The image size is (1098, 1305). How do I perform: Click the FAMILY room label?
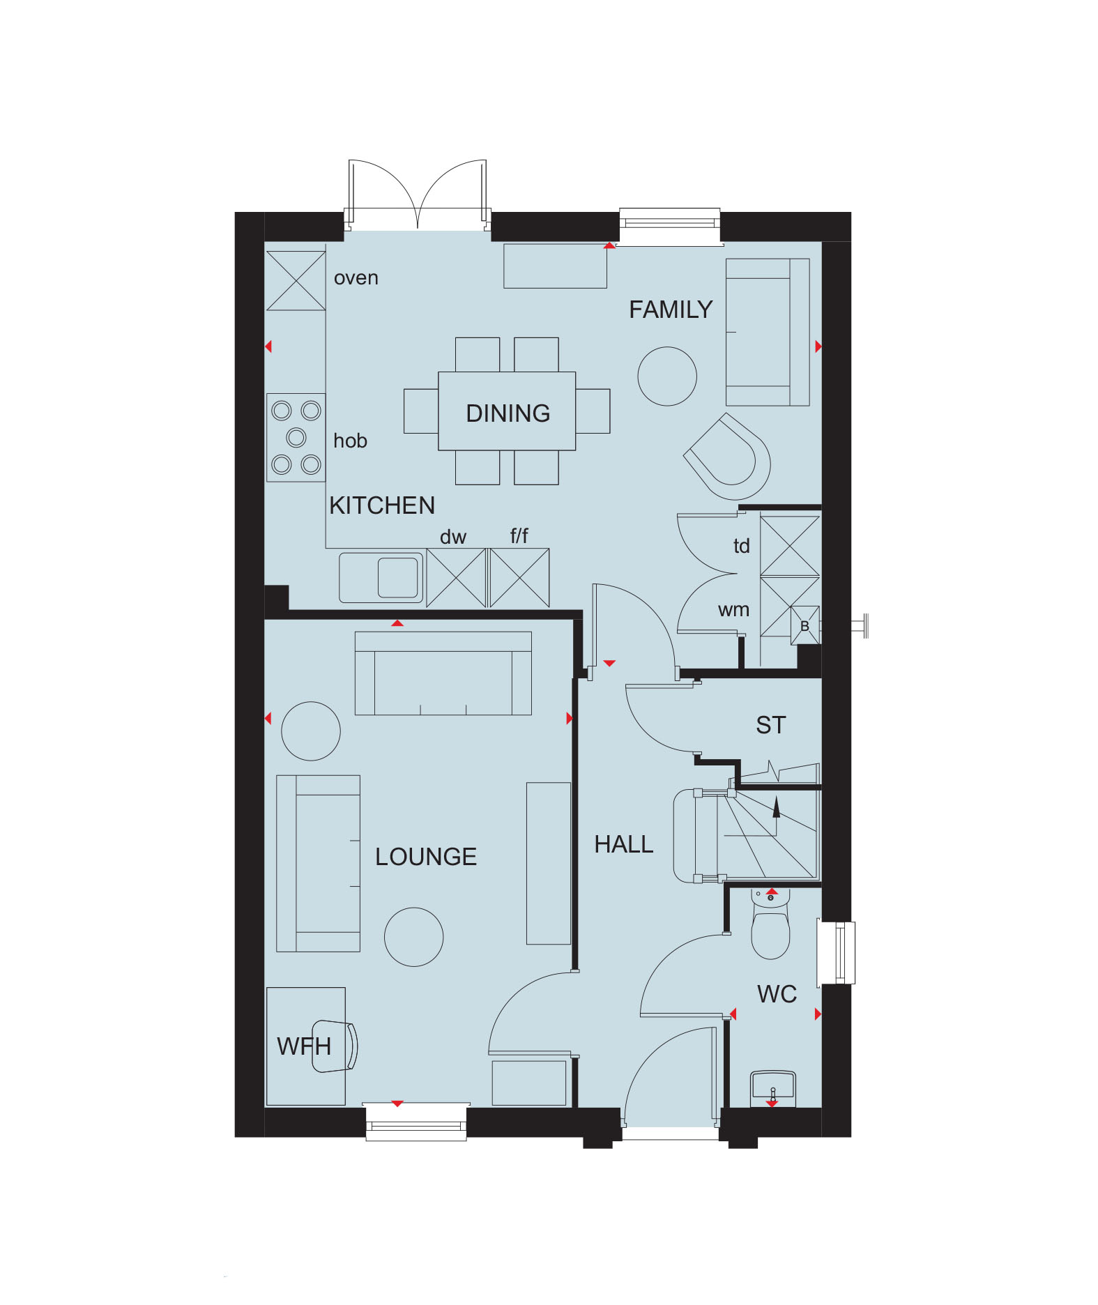click(671, 310)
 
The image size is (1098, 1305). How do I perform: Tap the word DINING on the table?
click(508, 413)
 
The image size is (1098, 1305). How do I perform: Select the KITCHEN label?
click(382, 505)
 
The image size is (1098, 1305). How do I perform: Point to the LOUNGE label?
click(426, 857)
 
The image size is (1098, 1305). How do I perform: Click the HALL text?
click(623, 845)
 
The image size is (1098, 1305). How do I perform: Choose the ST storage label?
click(770, 726)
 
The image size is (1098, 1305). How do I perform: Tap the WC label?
click(777, 994)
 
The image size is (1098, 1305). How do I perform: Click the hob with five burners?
click(296, 437)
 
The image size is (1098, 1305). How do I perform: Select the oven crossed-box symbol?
click(296, 281)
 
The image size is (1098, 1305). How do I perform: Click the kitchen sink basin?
click(397, 578)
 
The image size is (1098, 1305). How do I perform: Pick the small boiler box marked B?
click(805, 626)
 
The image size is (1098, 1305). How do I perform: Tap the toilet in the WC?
click(770, 927)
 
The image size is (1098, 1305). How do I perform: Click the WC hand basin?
click(772, 1088)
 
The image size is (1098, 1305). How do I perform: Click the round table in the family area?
click(667, 376)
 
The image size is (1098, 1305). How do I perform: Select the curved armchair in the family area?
click(729, 456)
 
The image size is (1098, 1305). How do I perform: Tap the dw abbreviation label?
click(452, 537)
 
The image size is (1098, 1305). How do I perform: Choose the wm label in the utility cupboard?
click(733, 610)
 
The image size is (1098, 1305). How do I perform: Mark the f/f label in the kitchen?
click(519, 536)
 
